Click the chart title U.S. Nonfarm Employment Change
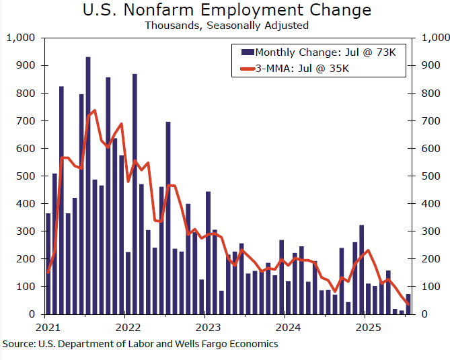226,10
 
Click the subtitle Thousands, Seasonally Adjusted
226,26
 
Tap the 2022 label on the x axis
126,328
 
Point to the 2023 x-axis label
207,328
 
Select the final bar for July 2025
408,304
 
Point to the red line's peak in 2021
94,110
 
